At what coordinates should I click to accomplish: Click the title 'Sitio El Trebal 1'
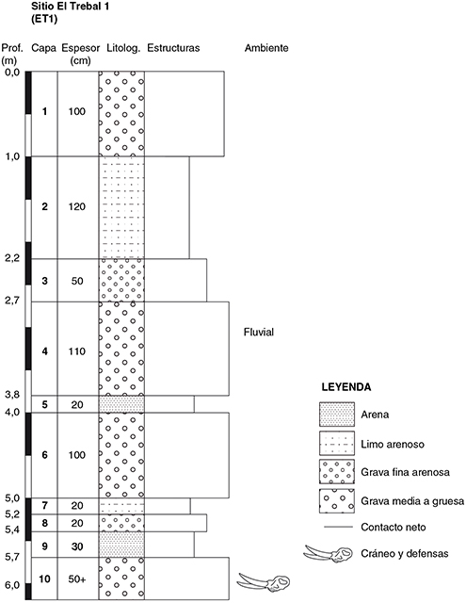70,7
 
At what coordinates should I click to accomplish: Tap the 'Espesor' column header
81,48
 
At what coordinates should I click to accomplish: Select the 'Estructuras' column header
173,48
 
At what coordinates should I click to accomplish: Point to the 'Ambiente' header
266,48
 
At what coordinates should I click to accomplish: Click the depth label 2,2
12,258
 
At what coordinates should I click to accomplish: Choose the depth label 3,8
12,394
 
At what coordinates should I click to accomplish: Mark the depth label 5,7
12,556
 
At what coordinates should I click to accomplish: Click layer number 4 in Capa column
45,351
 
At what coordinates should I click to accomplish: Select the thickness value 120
77,206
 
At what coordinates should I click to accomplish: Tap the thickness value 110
77,351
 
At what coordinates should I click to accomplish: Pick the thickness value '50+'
77,579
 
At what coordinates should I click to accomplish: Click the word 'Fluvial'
259,332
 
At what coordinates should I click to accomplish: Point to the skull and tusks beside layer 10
264,582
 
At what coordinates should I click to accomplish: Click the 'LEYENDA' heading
346,387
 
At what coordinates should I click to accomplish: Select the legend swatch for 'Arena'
337,415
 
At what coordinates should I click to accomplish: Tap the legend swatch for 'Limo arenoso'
337,443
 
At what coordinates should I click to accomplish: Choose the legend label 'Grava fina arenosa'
406,472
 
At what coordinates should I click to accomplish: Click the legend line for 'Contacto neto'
339,527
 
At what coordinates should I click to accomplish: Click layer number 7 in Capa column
45,505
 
